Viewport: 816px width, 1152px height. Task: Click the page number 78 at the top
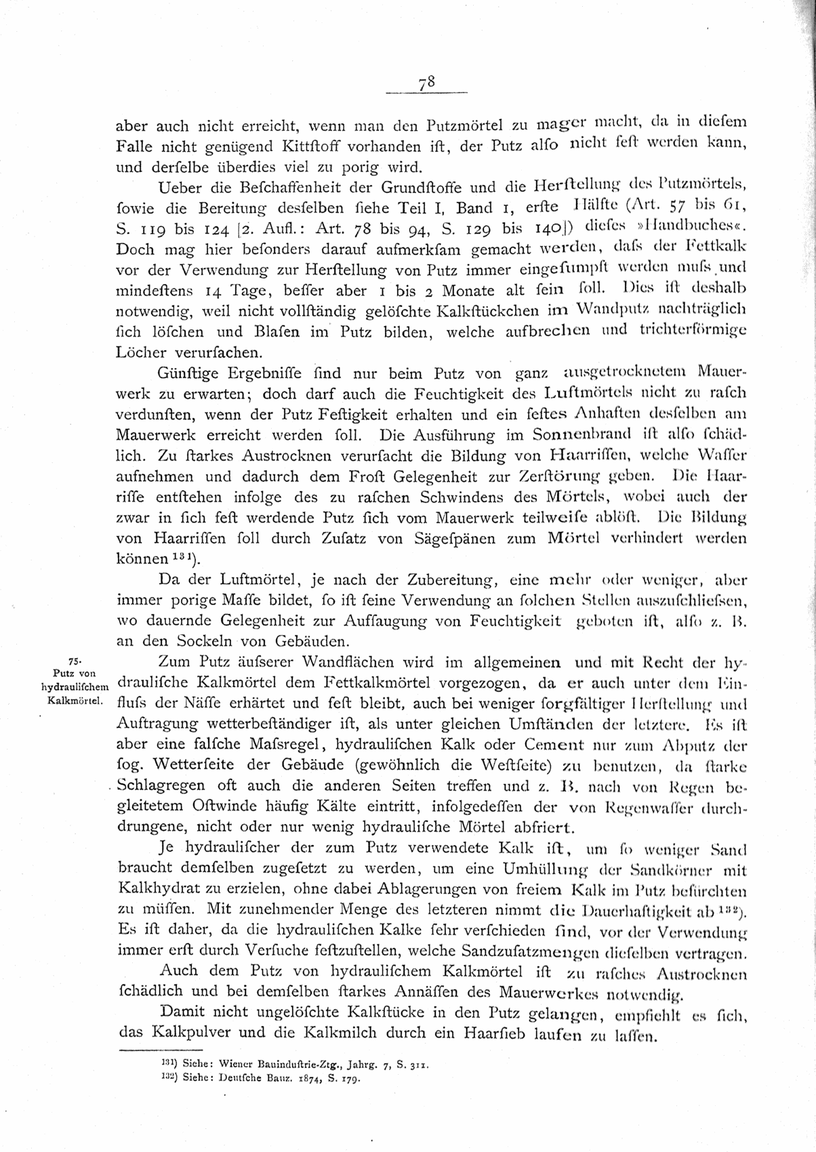[x=426, y=83]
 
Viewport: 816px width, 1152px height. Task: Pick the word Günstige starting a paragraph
[x=188, y=374]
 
